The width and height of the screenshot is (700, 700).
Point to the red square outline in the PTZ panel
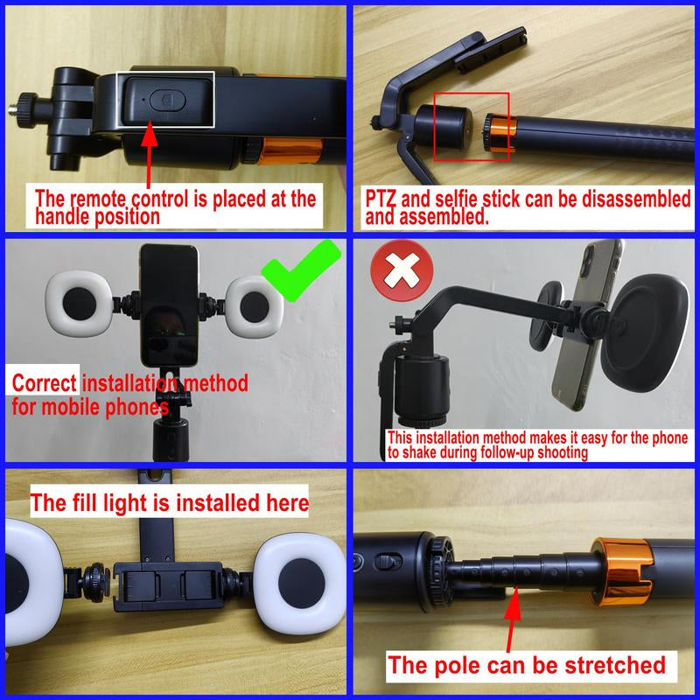(471, 127)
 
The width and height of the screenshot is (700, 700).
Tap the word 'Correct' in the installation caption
(45, 382)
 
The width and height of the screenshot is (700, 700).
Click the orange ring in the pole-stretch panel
(627, 569)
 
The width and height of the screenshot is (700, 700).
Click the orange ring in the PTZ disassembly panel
(499, 136)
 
